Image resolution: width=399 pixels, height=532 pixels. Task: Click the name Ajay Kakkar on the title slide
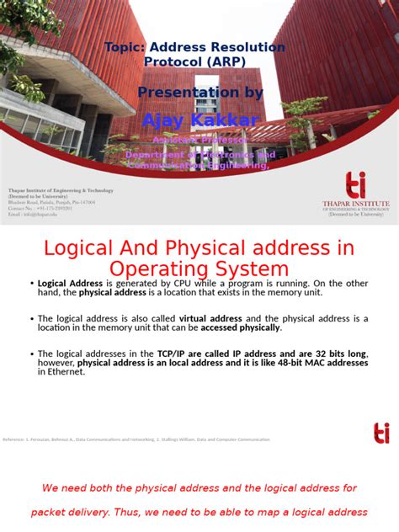point(200,120)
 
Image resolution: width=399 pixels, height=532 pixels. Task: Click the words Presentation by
point(200,93)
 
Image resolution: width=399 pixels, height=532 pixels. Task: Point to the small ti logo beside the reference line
point(381,434)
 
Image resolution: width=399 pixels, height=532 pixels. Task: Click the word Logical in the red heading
point(80,248)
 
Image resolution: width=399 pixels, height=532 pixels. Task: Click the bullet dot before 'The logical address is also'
point(30,320)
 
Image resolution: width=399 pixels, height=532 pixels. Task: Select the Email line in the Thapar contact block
point(35,215)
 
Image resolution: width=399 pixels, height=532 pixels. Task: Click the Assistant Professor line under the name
point(200,139)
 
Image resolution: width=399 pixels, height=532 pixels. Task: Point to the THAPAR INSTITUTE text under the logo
point(355,204)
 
